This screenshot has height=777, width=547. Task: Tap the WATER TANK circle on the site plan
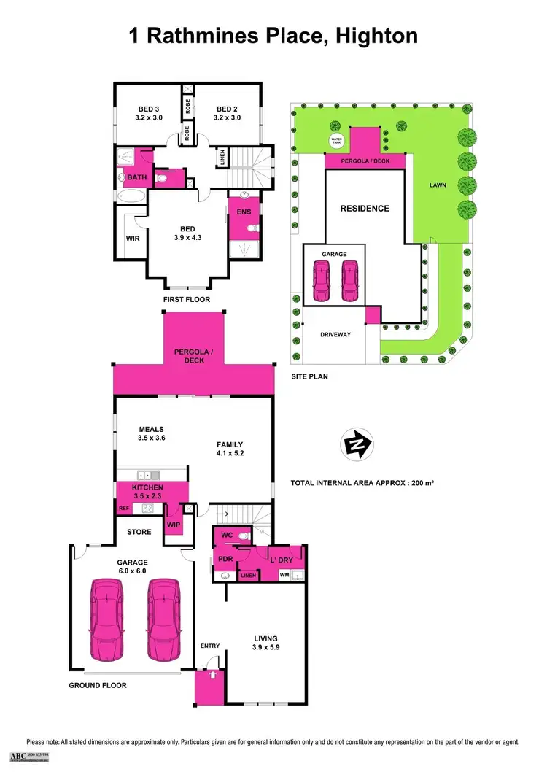pyautogui.click(x=336, y=139)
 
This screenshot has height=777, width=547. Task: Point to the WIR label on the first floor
pyautogui.click(x=133, y=238)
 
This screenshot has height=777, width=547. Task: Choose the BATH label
pyautogui.click(x=137, y=177)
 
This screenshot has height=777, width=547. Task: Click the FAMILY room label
pyautogui.click(x=230, y=449)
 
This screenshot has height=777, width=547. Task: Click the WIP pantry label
pyautogui.click(x=174, y=524)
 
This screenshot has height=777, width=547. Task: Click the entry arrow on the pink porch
pyautogui.click(x=212, y=676)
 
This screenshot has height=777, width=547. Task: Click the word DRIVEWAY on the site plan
pyautogui.click(x=336, y=335)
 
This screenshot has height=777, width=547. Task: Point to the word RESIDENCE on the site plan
pyautogui.click(x=365, y=208)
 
